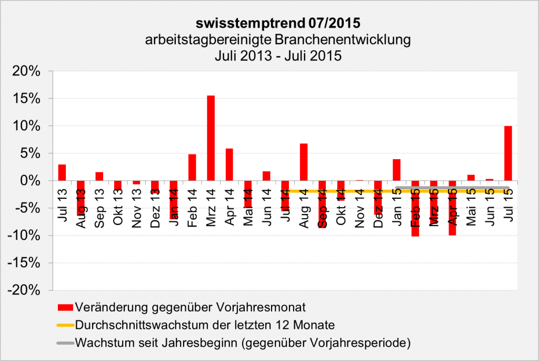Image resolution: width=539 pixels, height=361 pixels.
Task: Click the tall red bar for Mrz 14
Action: (x=211, y=138)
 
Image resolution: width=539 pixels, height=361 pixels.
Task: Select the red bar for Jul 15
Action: (x=508, y=153)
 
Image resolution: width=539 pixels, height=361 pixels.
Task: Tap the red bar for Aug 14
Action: (x=304, y=162)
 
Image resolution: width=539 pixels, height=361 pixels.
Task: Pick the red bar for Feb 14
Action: (x=192, y=167)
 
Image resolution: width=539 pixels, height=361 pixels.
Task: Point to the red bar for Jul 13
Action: (x=62, y=172)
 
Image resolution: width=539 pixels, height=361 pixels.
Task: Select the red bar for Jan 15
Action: (x=396, y=170)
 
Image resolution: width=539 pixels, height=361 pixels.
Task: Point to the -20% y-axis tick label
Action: (x=31, y=290)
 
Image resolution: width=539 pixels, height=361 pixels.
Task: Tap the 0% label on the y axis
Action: (x=37, y=181)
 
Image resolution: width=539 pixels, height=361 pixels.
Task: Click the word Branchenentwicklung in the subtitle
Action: (x=344, y=40)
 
